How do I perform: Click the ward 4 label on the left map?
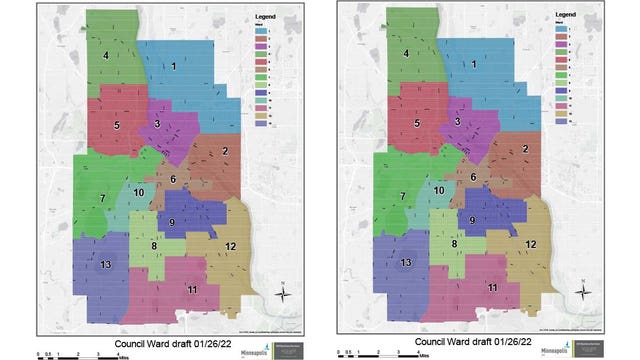pyautogui.click(x=104, y=56)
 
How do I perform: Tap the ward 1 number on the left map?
pyautogui.click(x=174, y=66)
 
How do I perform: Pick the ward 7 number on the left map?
pyautogui.click(x=101, y=198)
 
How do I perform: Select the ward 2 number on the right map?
pyautogui.click(x=525, y=150)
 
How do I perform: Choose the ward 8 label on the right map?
pyautogui.click(x=453, y=244)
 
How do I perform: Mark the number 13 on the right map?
pyautogui.click(x=407, y=262)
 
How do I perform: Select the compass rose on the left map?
pyautogui.click(x=284, y=292)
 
